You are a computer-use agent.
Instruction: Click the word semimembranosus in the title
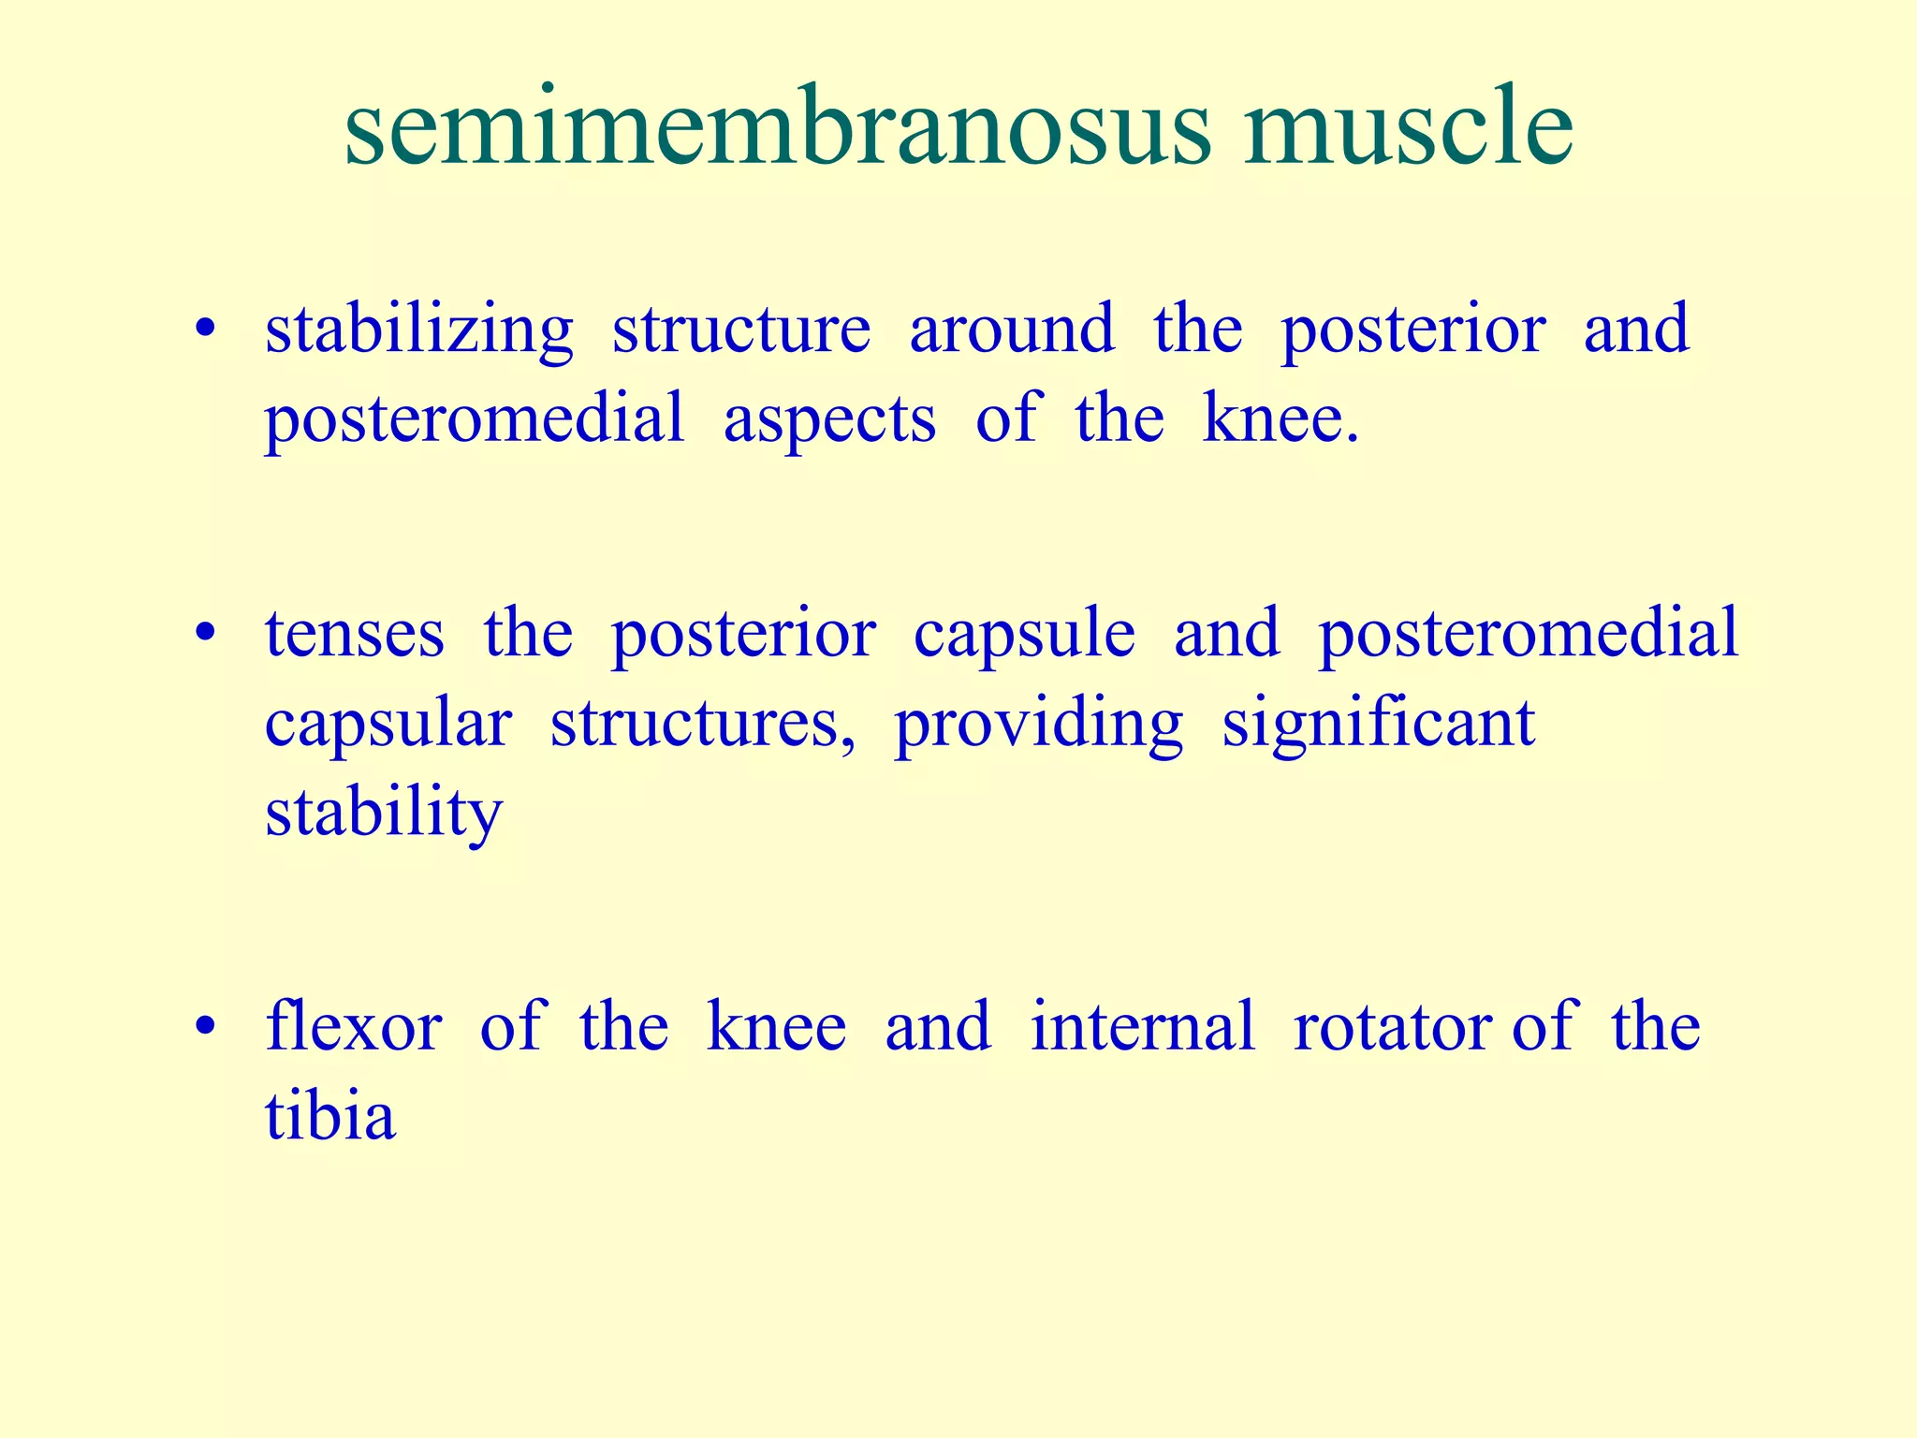pyautogui.click(x=777, y=128)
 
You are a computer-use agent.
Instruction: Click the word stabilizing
pyautogui.click(x=418, y=330)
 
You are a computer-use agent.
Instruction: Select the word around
pyautogui.click(x=1011, y=330)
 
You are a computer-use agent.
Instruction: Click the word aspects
pyautogui.click(x=828, y=420)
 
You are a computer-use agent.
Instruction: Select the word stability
pyautogui.click(x=384, y=814)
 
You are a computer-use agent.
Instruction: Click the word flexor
pyautogui.click(x=353, y=1027)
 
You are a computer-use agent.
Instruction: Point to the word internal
pyautogui.click(x=1142, y=1027)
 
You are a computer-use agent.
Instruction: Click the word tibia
pyautogui.click(x=329, y=1116)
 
